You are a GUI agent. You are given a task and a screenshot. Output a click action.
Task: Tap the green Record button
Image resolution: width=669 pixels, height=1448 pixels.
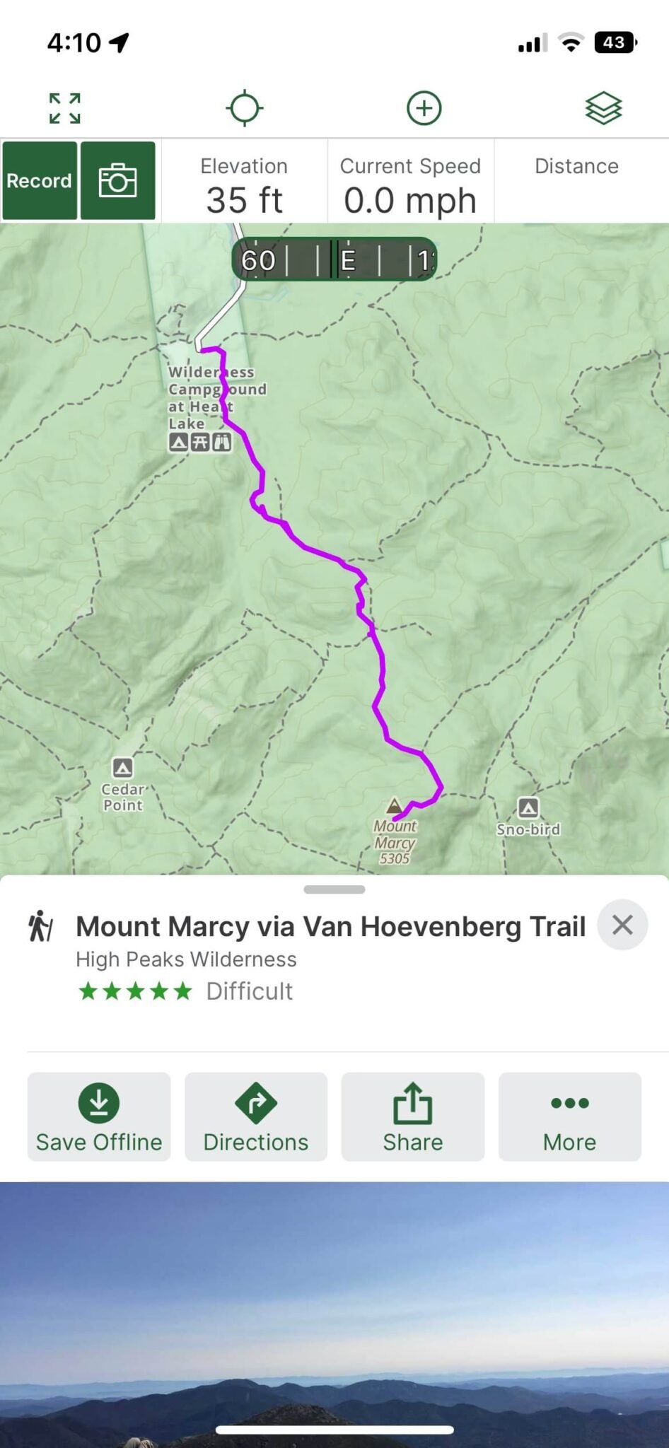(40, 181)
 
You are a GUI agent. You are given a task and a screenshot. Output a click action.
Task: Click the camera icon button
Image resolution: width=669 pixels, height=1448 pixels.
(117, 181)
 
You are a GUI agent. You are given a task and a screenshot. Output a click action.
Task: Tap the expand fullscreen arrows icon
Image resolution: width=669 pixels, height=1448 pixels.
(64, 108)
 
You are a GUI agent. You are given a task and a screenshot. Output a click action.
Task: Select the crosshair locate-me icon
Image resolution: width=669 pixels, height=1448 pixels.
(245, 108)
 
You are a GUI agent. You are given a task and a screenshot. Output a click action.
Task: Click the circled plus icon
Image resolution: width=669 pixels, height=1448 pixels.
(424, 108)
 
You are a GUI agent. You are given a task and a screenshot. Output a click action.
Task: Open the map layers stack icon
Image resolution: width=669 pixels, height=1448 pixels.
(603, 108)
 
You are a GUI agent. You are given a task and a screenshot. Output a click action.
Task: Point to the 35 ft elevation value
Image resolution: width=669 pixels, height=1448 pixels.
(244, 200)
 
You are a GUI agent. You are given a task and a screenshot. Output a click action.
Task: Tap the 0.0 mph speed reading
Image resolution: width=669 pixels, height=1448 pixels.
(410, 200)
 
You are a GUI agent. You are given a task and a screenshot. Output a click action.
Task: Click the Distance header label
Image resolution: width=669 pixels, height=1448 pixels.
(576, 166)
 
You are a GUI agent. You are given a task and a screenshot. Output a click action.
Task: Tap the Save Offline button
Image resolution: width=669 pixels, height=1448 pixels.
(99, 1116)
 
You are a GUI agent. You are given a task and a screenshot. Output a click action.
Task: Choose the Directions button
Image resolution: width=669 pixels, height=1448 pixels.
(256, 1116)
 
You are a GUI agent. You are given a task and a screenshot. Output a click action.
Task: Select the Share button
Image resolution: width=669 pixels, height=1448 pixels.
(413, 1116)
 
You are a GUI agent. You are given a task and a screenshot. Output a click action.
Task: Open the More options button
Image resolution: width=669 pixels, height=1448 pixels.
(570, 1116)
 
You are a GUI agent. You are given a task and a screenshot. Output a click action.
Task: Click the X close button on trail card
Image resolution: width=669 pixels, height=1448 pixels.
(622, 925)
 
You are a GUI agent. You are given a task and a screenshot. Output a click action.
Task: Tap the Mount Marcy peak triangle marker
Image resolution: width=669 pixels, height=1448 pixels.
(394, 805)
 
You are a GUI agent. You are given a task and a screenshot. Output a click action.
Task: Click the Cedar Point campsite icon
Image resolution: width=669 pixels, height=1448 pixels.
(122, 768)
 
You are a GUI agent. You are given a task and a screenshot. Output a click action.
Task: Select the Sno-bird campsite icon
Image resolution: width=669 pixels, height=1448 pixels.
(528, 807)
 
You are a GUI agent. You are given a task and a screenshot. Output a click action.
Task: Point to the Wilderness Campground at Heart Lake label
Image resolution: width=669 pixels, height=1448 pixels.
(212, 397)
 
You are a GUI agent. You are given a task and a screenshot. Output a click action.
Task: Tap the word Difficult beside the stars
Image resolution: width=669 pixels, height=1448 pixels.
(249, 991)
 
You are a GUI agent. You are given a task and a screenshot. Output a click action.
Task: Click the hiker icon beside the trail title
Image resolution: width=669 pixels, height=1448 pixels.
(41, 926)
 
